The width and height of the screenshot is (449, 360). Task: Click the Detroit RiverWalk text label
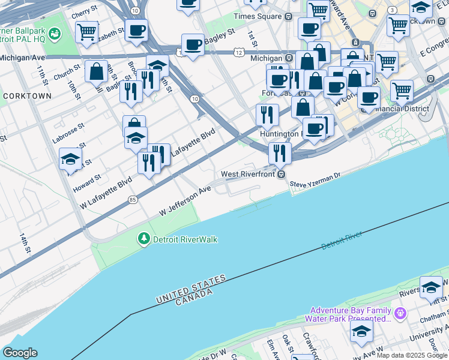pos(185,239)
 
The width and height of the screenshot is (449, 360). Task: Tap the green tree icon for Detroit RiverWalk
pos(143,239)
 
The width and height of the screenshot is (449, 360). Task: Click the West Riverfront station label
pos(248,174)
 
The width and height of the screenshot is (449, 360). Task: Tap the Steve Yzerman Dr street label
pos(315,179)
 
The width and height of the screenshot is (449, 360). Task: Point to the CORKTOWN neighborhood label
pos(27,96)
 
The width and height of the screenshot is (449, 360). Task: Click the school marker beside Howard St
pos(70,160)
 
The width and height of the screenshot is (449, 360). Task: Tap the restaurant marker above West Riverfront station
pos(280,153)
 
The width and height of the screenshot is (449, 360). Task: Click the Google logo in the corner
pos(20,353)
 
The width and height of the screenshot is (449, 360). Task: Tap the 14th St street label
pos(24,243)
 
